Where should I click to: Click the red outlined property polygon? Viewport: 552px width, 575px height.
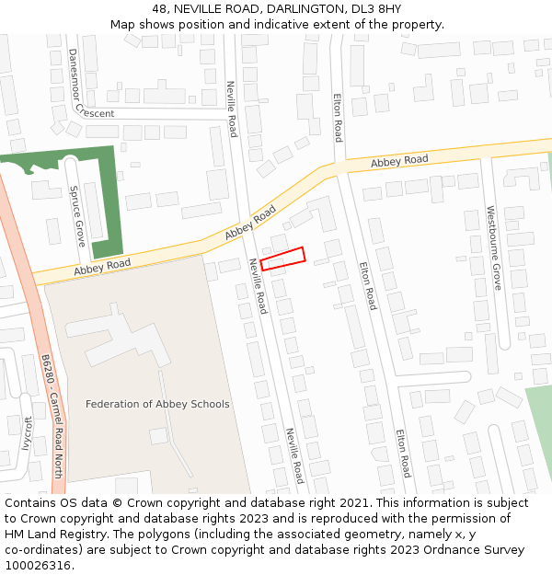[282, 259]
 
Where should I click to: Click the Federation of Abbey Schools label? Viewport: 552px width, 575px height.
[157, 404]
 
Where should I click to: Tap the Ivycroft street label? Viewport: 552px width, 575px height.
[27, 433]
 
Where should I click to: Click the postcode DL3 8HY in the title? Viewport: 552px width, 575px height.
[375, 9]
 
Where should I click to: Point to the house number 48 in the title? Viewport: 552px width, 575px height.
[160, 9]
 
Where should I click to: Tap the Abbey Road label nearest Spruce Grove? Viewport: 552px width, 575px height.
[102, 268]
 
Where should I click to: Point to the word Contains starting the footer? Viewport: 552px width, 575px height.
[32, 503]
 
